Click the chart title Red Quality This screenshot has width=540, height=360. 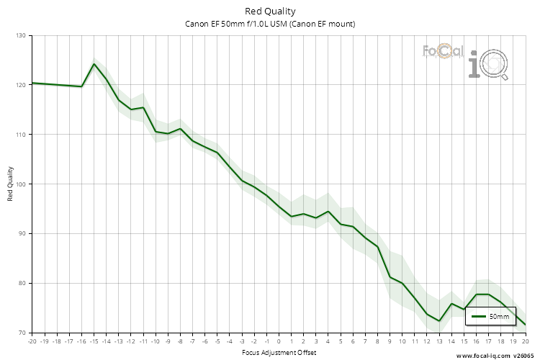click(x=270, y=11)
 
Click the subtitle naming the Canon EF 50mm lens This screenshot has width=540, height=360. click(x=270, y=24)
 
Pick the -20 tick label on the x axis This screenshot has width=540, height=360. click(x=31, y=341)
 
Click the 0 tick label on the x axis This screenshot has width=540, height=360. click(x=279, y=341)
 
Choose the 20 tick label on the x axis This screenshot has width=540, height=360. click(x=526, y=341)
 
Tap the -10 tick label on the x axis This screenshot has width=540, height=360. click(x=156, y=341)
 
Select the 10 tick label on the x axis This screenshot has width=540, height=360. click(x=402, y=341)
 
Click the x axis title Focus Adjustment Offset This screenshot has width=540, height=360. click(x=278, y=352)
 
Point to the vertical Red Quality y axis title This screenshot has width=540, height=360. click(x=11, y=184)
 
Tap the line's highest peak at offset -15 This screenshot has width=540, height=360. click(x=94, y=64)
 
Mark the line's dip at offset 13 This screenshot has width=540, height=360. click(x=439, y=321)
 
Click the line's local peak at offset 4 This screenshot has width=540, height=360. click(x=328, y=212)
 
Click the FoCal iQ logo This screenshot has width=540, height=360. click(x=465, y=60)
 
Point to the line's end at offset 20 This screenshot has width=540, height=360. click(x=526, y=325)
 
